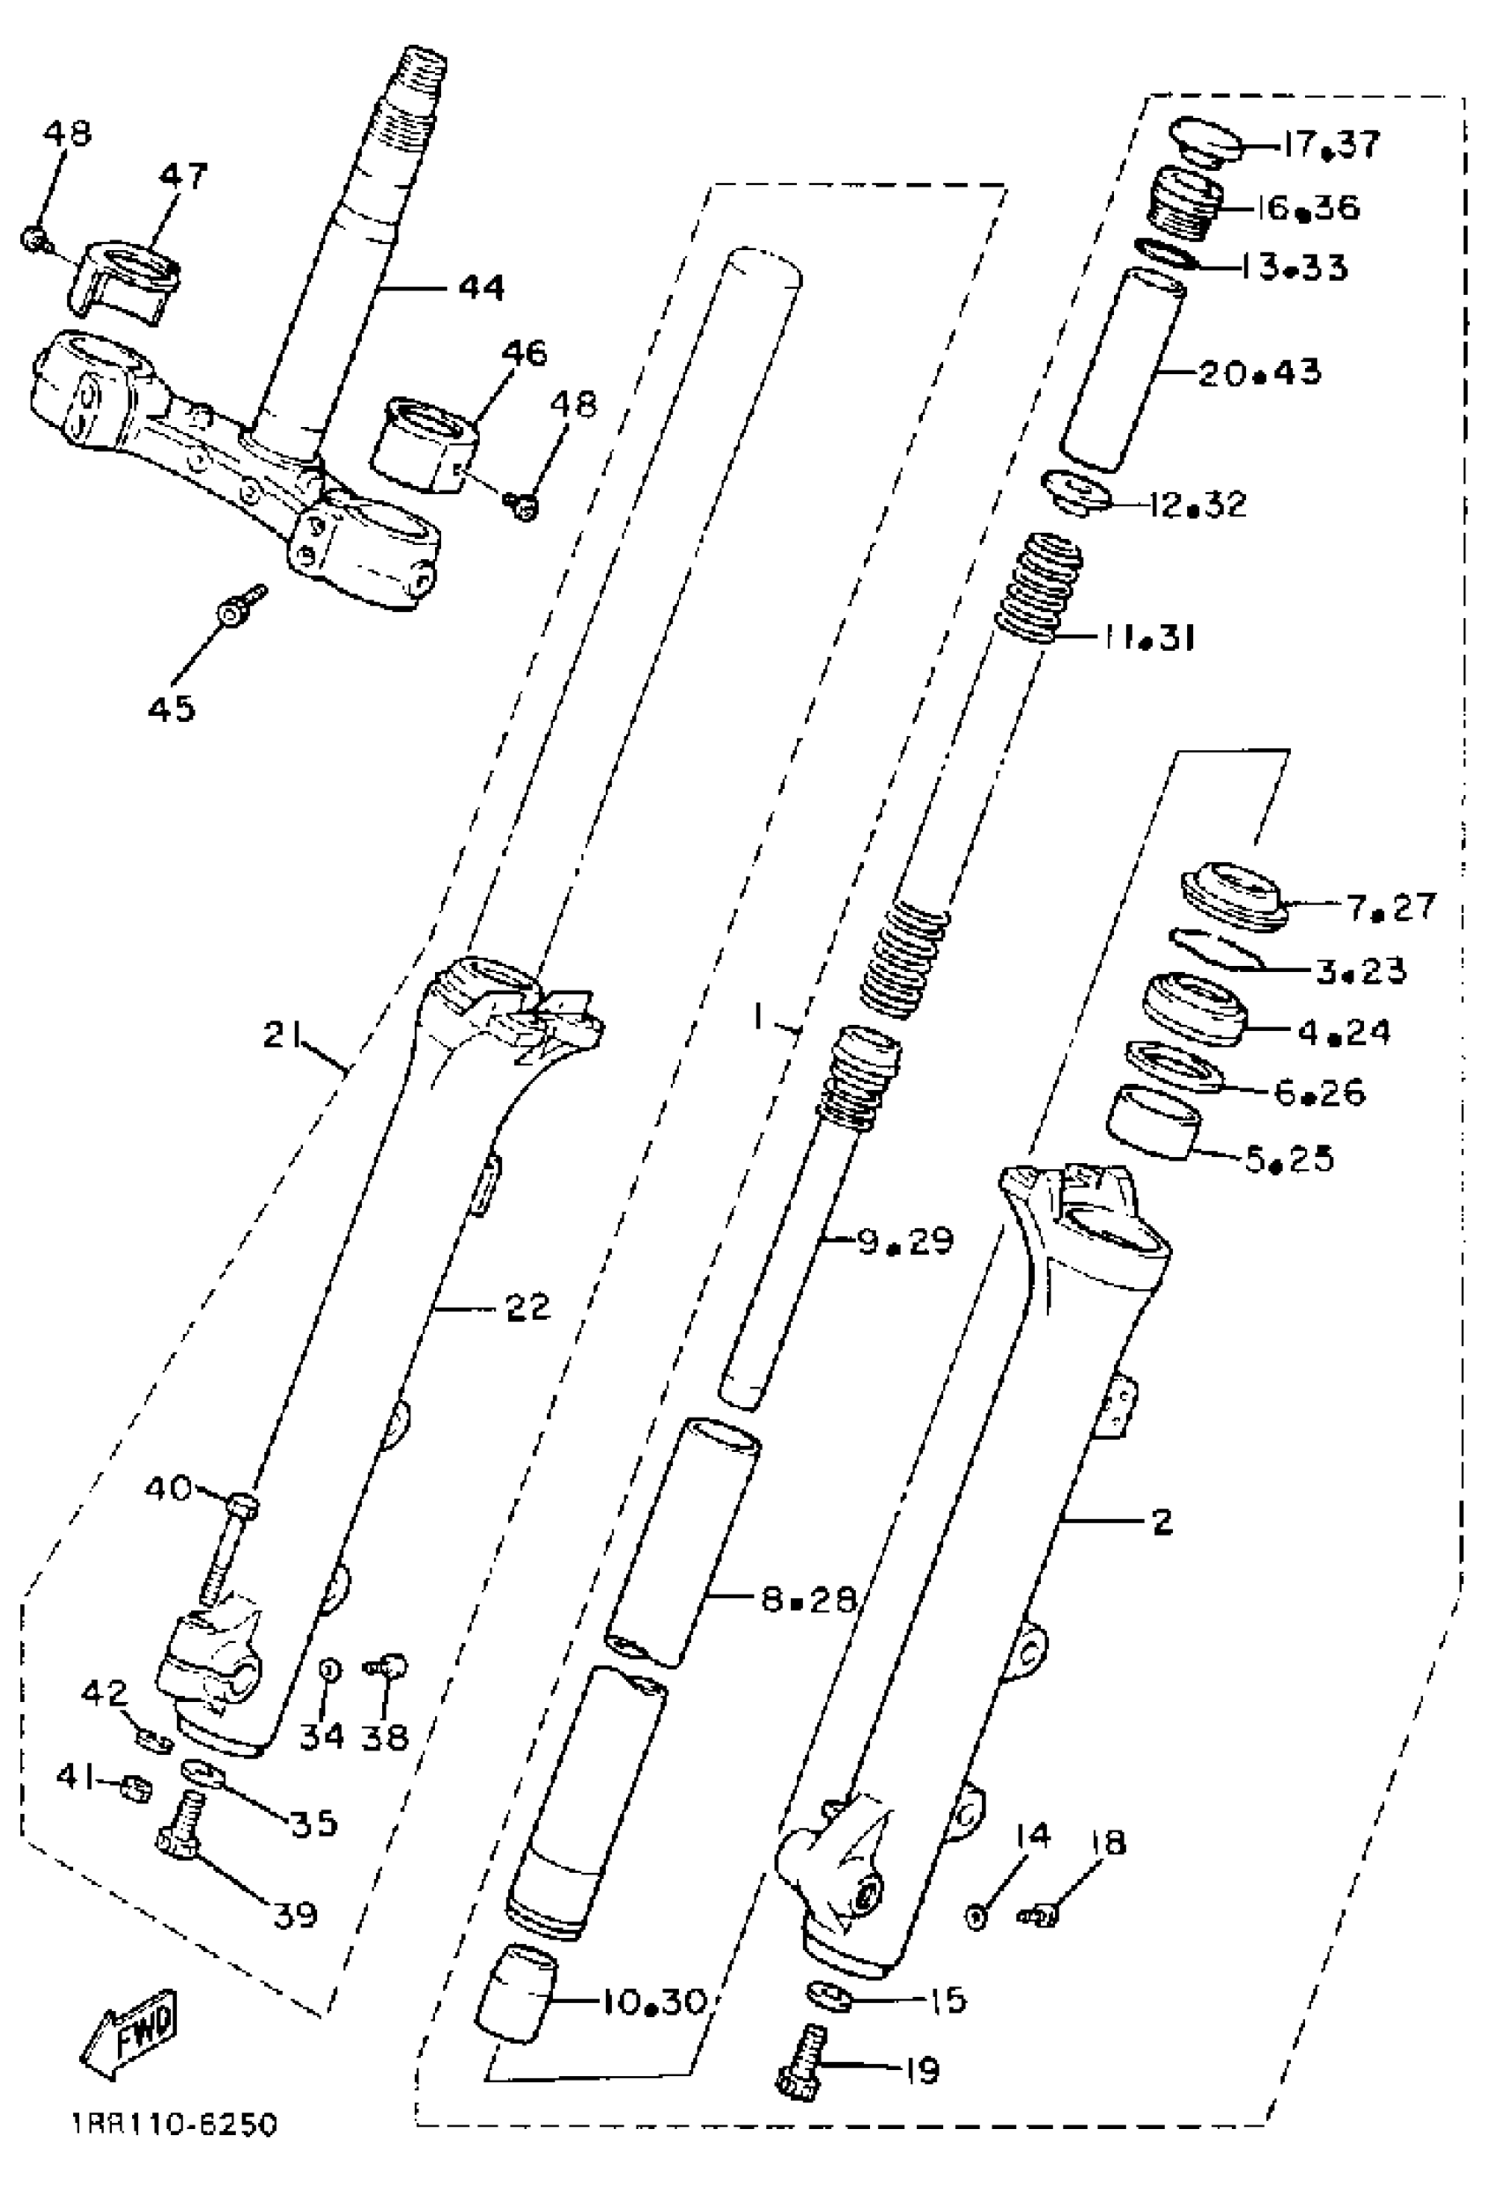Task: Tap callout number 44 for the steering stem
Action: [x=481, y=287]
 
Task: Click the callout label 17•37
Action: [x=1330, y=144]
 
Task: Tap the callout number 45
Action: [x=172, y=708]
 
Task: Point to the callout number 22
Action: [x=527, y=1308]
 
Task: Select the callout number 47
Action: [x=183, y=175]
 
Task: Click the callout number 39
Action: [x=295, y=1914]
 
